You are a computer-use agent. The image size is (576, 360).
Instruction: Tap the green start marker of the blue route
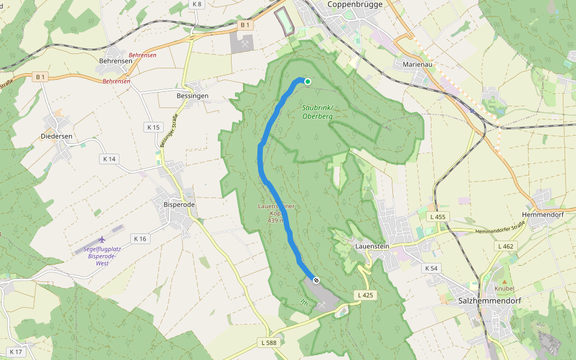308,82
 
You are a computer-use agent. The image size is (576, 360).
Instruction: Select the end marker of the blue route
316,280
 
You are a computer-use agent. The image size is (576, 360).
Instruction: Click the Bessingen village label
193,96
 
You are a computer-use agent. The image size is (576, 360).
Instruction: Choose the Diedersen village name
58,136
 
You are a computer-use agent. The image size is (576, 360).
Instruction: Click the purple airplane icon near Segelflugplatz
101,241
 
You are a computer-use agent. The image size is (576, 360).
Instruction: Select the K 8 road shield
197,4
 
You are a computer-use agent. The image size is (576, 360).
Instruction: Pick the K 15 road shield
153,127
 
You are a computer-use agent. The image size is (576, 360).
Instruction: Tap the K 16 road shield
140,239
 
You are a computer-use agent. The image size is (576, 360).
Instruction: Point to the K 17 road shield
16,352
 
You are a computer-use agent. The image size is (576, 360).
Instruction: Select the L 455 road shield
439,217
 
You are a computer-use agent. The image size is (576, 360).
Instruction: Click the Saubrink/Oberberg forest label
316,112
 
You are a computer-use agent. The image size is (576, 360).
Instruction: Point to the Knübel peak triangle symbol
505,281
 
